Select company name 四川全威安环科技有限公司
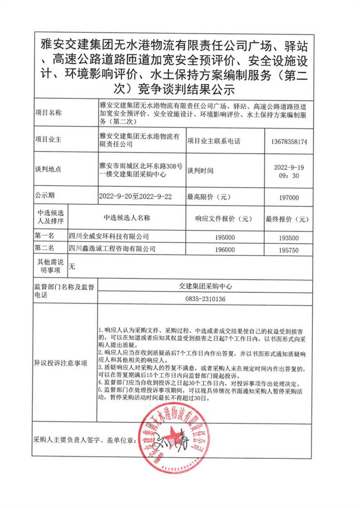[108, 236]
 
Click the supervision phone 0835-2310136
[205, 299]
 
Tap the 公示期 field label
[45, 196]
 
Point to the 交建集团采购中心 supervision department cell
[205, 286]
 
